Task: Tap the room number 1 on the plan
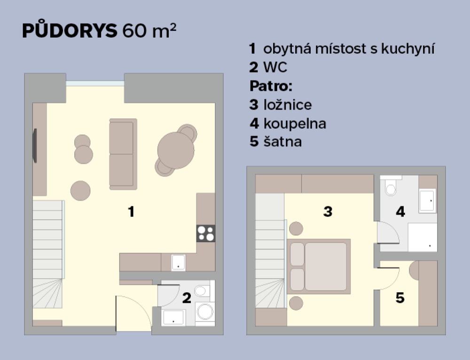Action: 131,212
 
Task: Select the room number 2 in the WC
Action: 187,298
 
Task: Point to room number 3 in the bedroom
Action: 328,211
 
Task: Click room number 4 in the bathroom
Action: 400,211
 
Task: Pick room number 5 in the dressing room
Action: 400,298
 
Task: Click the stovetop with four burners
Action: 206,234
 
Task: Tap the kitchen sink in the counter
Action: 178,263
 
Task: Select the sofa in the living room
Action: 123,154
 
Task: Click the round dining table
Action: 176,150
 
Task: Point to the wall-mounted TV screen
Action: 35,146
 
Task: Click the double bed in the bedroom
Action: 319,266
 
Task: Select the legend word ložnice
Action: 288,105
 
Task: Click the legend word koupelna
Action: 295,124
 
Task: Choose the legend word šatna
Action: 282,141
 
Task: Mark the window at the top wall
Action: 95,83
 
